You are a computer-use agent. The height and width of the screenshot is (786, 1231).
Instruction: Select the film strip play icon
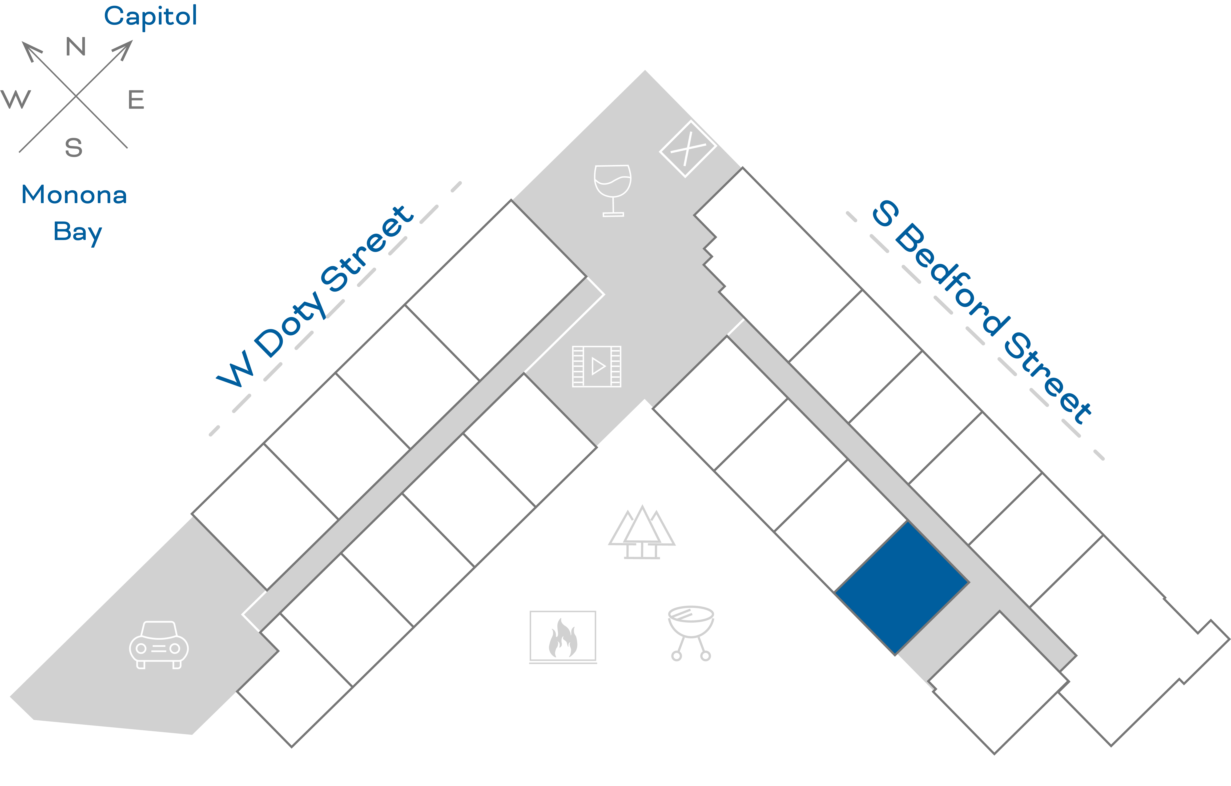[x=597, y=366]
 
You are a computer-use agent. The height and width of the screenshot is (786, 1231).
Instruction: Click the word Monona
[x=74, y=195]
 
